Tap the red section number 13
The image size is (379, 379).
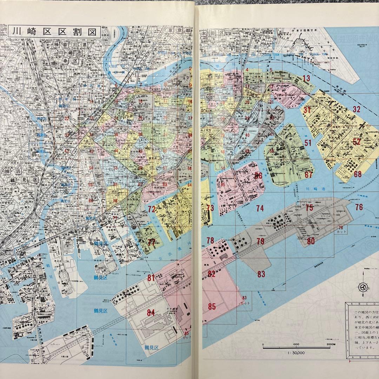click(x=306, y=78)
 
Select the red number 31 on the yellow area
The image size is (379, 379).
click(x=307, y=110)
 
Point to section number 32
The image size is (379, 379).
click(x=357, y=109)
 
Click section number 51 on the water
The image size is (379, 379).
click(x=308, y=143)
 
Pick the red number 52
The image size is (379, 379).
click(x=357, y=142)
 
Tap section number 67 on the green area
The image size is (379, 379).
click(x=308, y=175)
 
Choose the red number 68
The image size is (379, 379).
click(x=358, y=174)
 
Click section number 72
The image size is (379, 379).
click(x=152, y=210)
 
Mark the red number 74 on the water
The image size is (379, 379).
click(x=260, y=208)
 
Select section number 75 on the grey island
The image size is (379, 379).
click(x=309, y=208)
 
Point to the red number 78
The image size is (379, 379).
click(x=210, y=240)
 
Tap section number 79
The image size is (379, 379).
click(x=260, y=241)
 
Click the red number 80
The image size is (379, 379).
click(x=311, y=241)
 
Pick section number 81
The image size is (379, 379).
click(x=151, y=278)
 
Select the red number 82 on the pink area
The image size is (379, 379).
click(x=211, y=274)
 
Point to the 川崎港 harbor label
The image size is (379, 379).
click(x=312, y=189)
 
